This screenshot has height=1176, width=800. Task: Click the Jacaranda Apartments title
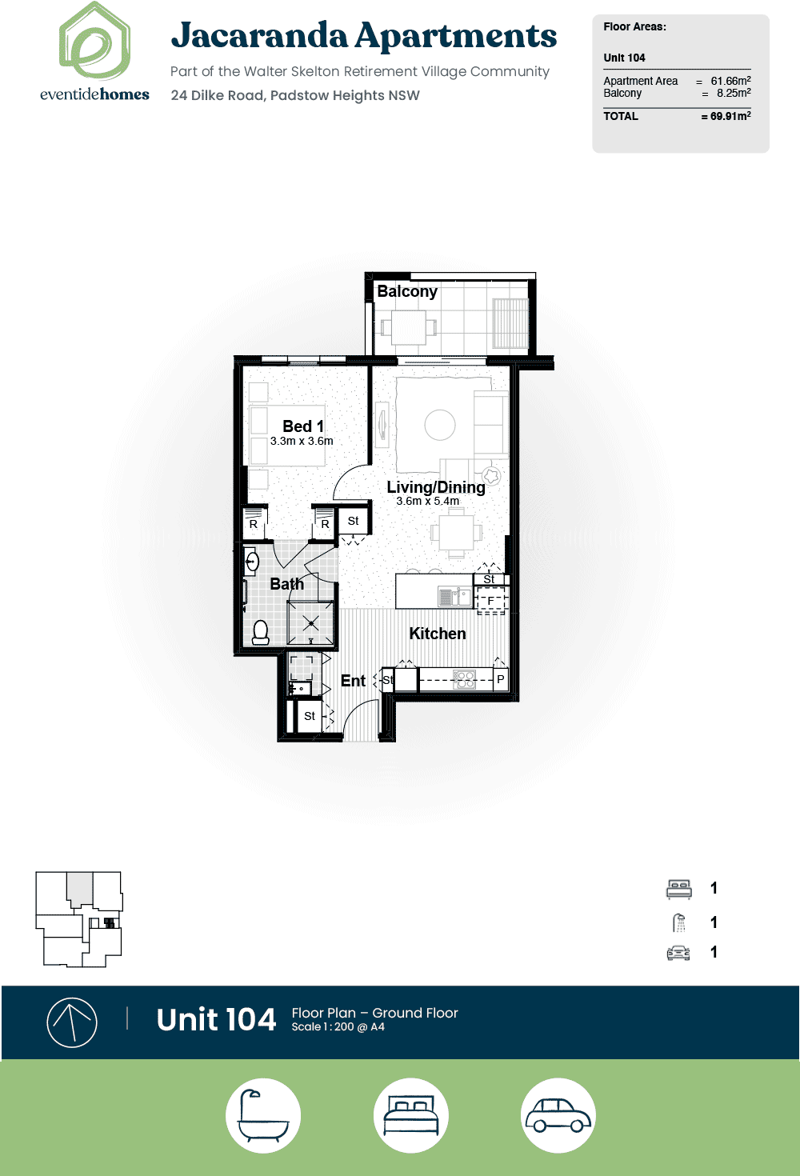[x=363, y=36]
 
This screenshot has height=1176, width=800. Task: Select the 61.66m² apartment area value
[x=730, y=81]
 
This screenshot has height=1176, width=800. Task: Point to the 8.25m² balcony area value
[x=733, y=93]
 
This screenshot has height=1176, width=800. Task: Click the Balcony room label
[x=407, y=291]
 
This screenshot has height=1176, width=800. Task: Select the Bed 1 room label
[x=303, y=426]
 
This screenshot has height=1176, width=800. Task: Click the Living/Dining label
[x=435, y=487]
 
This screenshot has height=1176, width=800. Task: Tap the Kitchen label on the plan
[x=438, y=634]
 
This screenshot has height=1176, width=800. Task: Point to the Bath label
[x=286, y=584]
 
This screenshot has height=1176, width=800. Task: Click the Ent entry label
[x=353, y=681]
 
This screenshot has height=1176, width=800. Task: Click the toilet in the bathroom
[x=260, y=632]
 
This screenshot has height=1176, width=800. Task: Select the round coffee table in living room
[x=440, y=425]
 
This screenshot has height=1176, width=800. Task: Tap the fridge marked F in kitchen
[x=491, y=600]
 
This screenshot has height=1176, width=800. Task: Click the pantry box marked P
[x=500, y=679]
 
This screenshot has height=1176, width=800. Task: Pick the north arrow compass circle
[x=72, y=1022]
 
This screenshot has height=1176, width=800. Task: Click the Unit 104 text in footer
[x=216, y=1020]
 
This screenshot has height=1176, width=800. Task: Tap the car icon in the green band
[x=558, y=1115]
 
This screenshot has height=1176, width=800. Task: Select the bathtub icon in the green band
[x=263, y=1115]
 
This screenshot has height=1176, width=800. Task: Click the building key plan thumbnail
[x=78, y=919]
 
